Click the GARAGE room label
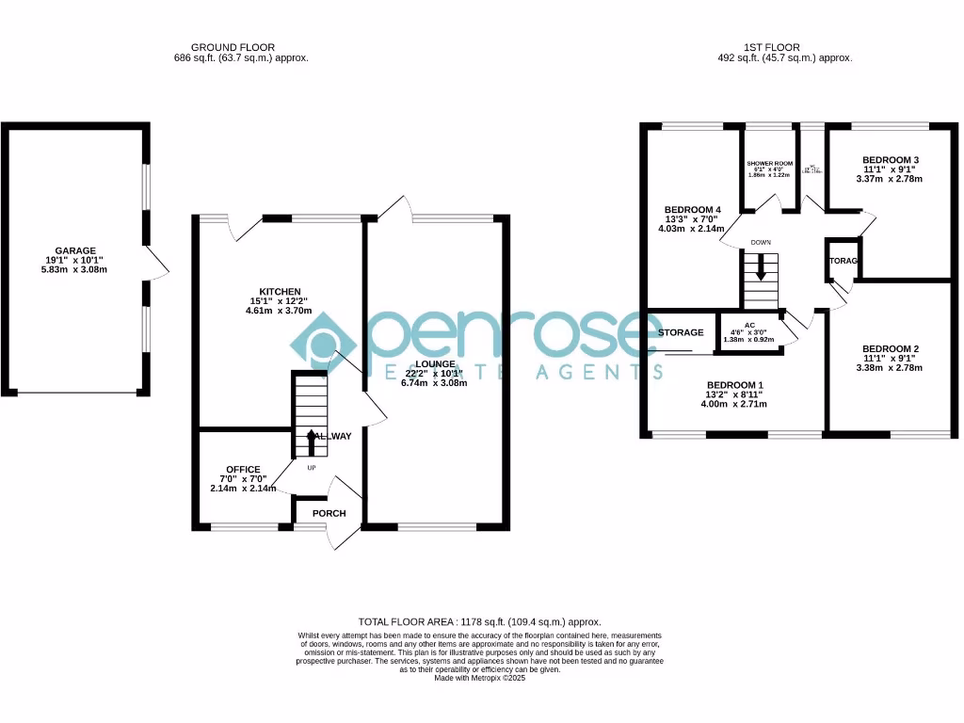coord(74,250)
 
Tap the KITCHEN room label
coord(281,291)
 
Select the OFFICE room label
coord(243,469)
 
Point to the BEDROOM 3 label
coord(890,159)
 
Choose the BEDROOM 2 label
coord(890,348)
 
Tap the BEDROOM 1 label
coord(735,385)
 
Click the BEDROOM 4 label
coord(693,209)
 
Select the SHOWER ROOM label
coord(770,163)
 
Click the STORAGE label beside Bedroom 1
coord(681,332)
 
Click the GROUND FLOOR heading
coord(233,47)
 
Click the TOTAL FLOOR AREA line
coord(479,622)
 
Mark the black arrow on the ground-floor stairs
coord(312,440)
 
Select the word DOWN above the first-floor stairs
coord(761,242)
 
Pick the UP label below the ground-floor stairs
coord(312,466)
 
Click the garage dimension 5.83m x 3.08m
coord(74,270)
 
